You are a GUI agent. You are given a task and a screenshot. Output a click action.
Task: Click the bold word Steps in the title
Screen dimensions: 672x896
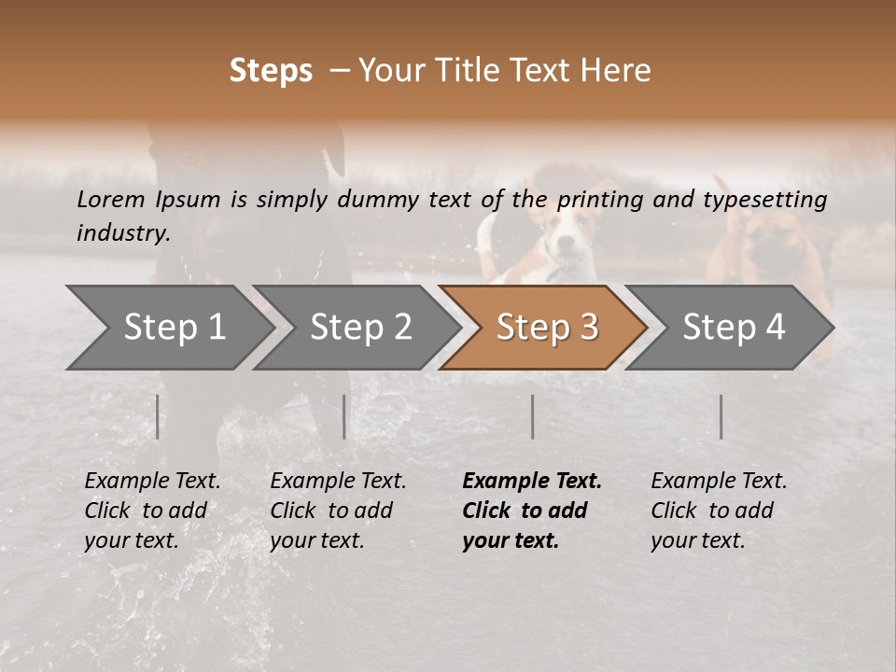271,71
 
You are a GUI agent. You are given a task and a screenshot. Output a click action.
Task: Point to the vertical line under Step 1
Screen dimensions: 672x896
158,416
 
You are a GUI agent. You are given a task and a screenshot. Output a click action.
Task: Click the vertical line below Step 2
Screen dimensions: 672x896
344,416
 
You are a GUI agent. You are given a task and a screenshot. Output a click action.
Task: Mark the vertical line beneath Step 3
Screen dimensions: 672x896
532,416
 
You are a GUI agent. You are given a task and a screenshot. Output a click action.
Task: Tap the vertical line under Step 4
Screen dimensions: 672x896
721,416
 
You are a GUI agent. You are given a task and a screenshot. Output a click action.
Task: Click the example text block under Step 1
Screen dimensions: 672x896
152,511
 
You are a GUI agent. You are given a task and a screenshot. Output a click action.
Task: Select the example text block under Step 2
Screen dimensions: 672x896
338,511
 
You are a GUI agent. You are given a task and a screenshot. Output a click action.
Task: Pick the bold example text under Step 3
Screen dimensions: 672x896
531,511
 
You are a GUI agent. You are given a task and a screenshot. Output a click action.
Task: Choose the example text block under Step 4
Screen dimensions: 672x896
719,511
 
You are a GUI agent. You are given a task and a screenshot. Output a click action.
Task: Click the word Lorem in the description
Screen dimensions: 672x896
111,199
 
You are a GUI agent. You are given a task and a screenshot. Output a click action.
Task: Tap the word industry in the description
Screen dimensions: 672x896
122,232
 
